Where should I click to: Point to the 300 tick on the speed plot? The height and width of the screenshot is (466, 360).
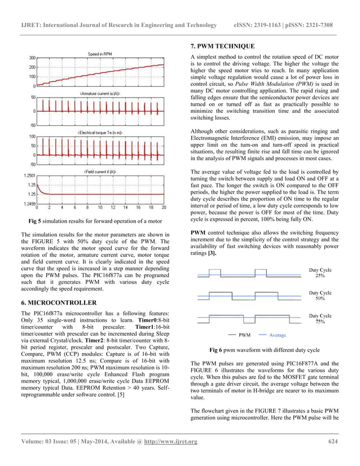[x=32, y=58]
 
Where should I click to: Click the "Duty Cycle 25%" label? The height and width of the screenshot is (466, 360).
[x=320, y=273]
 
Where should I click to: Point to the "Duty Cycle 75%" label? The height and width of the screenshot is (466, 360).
[x=320, y=319]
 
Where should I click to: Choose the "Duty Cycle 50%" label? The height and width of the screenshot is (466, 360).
[x=320, y=296]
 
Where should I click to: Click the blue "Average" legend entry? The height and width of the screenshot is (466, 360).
[x=278, y=335]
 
